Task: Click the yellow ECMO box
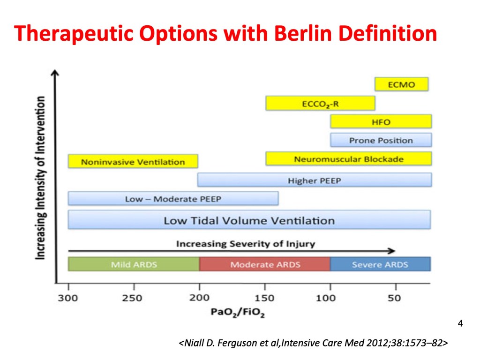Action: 401,84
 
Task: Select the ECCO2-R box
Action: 320,103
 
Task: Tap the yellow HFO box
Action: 381,121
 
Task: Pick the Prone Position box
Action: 381,140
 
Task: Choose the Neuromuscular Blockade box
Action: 349,158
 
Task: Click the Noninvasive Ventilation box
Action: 133,161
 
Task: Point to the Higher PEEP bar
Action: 315,180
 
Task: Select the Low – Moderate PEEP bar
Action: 173,198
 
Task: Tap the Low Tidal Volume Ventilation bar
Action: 249,219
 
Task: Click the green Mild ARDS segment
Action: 134,264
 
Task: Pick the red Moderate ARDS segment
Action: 265,264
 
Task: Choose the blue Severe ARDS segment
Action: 381,264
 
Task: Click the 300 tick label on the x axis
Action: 68,298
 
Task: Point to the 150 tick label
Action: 264,298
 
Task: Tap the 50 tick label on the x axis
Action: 394,298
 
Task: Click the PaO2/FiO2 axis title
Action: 238,312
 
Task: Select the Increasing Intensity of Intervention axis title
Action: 40,178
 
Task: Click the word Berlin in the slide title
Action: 303,33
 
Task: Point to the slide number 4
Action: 460,323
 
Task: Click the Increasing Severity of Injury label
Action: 246,244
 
